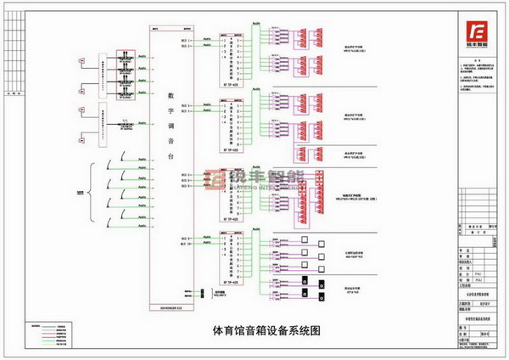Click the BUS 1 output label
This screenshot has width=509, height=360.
(187, 39)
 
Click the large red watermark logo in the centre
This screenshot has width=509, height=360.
(255, 178)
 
